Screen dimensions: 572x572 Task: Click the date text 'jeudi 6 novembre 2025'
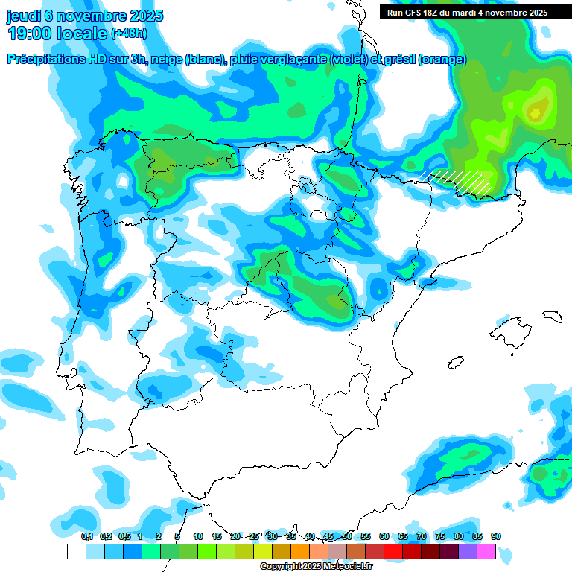click(86, 16)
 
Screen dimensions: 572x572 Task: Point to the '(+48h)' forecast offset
click(129, 34)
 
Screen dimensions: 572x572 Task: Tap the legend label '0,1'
click(87, 536)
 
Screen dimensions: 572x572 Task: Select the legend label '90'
click(496, 536)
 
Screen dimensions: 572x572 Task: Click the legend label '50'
click(347, 536)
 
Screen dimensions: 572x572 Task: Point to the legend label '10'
click(198, 536)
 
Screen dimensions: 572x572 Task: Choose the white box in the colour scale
click(76, 551)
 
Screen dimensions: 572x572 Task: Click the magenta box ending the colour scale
click(486, 551)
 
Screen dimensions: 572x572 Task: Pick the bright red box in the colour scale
click(393, 551)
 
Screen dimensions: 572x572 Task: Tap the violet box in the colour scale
click(468, 551)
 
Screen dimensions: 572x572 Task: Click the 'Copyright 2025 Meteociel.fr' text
click(317, 566)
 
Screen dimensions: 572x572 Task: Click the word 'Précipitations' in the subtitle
click(45, 60)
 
